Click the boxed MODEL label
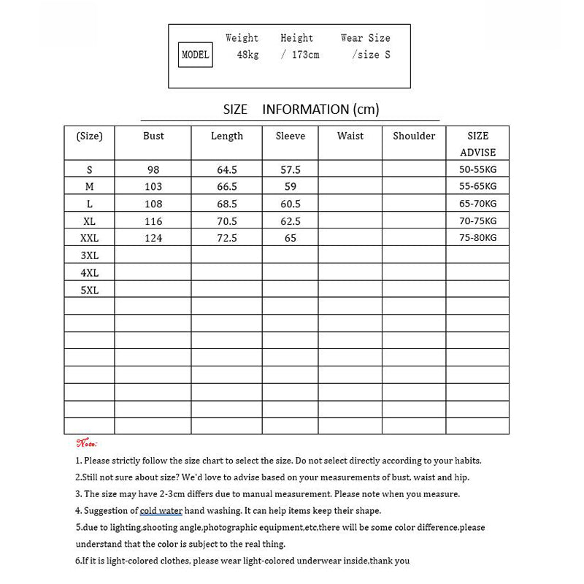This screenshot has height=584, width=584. [x=195, y=55]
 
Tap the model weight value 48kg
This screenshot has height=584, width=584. [x=247, y=55]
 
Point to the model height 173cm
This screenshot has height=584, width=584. [x=300, y=55]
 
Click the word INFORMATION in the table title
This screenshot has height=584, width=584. [x=305, y=109]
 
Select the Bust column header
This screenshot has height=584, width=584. [x=153, y=136]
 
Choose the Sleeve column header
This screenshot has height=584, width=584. [x=291, y=136]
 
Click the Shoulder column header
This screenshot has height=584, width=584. [x=414, y=136]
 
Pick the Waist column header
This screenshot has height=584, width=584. [x=350, y=136]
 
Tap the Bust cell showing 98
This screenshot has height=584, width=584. [x=153, y=169]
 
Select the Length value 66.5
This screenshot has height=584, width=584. [x=227, y=187]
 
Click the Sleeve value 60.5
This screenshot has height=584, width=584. [x=291, y=204]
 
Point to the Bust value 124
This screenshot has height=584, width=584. [x=153, y=238]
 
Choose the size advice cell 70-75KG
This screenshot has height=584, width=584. [x=478, y=220]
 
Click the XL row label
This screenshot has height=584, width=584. [x=89, y=220]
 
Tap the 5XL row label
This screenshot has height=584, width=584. [x=89, y=290]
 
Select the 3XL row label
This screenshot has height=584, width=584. [x=89, y=255]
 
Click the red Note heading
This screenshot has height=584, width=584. [x=87, y=443]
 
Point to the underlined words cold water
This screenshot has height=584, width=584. [x=161, y=511]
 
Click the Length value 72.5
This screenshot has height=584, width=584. [x=227, y=238]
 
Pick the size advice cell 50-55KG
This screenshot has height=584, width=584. [x=478, y=169]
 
